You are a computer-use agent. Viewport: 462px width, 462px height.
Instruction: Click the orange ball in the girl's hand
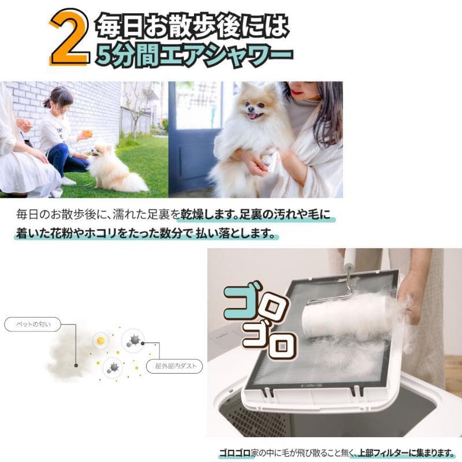[87, 134]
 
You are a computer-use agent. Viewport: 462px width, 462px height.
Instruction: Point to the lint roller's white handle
[349, 266]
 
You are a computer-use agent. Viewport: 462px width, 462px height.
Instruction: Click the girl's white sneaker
[68, 181]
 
